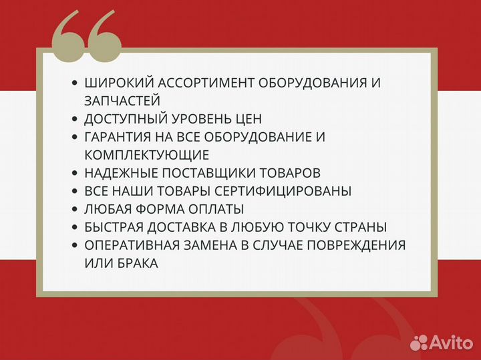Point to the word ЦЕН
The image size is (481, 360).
tap(247, 120)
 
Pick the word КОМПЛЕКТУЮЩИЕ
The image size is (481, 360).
tap(146, 156)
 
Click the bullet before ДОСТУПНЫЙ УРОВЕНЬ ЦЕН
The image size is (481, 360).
tap(74, 120)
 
